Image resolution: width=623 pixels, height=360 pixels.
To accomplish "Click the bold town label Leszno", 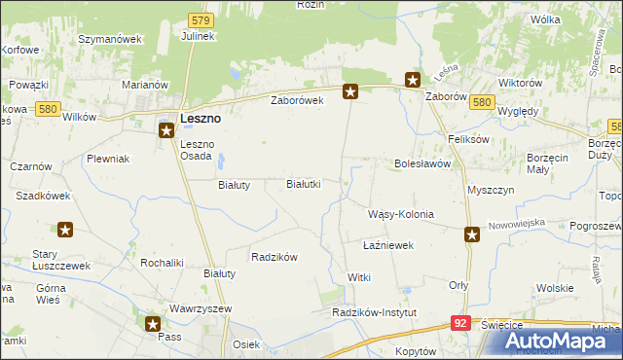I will click(200, 118).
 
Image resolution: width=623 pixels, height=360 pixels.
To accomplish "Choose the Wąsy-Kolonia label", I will click(399, 213).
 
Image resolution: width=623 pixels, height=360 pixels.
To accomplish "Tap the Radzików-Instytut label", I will click(374, 312).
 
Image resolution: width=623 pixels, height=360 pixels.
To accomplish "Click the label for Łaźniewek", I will click(387, 245).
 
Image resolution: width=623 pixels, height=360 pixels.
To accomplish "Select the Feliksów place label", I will click(466, 139).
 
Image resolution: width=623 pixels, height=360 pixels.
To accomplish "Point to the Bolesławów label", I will click(422, 163).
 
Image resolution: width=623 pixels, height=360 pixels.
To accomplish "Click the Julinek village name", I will click(198, 36).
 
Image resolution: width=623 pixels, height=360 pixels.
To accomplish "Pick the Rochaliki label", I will click(162, 262).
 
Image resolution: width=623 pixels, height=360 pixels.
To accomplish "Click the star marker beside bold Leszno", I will click(167, 127).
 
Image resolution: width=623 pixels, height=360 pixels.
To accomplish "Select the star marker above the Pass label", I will click(153, 323).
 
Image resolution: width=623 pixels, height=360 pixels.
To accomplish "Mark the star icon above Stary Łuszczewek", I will click(65, 231).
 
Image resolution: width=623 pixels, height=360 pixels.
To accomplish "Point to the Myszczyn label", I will click(490, 191).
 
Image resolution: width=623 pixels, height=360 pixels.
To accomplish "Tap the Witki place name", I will click(359, 277).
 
